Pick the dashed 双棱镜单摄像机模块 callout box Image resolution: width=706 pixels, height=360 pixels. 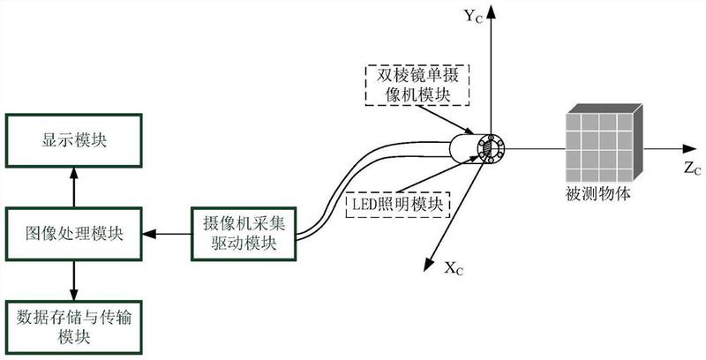click(x=415, y=84)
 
